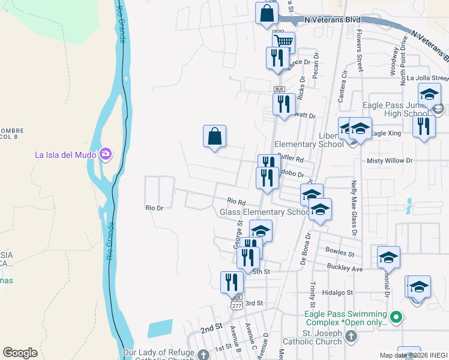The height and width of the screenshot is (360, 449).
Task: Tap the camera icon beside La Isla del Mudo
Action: pyautogui.click(x=106, y=154)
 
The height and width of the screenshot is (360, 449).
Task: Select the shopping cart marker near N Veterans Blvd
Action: pyautogui.click(x=284, y=41)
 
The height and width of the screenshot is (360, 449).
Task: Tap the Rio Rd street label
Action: pyautogui.click(x=237, y=202)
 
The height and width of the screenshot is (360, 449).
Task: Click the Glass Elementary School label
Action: pyautogui.click(x=264, y=212)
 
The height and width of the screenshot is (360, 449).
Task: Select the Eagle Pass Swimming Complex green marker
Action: pyautogui.click(x=396, y=317)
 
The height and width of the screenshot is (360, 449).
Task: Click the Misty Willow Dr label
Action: pyautogui.click(x=390, y=161)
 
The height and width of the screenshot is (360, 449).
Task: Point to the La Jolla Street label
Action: pyautogui.click(x=427, y=78)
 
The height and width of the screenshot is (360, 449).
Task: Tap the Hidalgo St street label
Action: pyautogui.click(x=337, y=292)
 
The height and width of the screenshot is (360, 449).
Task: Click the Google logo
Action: pyautogui.click(x=20, y=353)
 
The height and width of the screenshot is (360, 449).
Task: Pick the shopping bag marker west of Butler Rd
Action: pyautogui.click(x=214, y=136)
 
